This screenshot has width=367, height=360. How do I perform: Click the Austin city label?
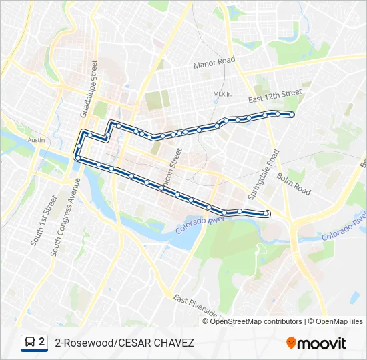pos(36,140)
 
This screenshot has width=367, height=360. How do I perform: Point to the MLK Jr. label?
pos(222,94)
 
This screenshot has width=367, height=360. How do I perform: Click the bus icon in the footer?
pos(29,343)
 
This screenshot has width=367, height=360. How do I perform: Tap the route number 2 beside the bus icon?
pos(42,342)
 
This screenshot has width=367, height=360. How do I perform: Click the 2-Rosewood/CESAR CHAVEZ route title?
pos(124,343)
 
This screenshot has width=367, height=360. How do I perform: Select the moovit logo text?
pos(322,343)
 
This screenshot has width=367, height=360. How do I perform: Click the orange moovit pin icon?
pos(291,343)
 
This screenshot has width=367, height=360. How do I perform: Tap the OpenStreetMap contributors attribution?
pos(256,321)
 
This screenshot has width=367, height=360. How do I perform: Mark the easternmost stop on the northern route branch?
pos(292,115)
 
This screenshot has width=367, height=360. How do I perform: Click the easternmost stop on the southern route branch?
pos(266,213)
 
